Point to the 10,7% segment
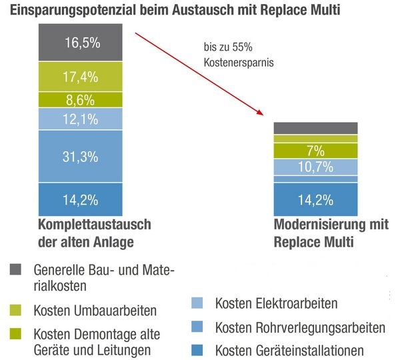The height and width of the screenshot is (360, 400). (x=315, y=167)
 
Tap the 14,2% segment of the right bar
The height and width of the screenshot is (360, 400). (x=315, y=199)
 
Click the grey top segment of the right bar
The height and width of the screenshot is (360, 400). (x=315, y=128)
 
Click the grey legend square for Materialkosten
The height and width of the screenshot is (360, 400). (x=16, y=269)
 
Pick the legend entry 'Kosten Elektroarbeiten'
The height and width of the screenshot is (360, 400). (x=276, y=303)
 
